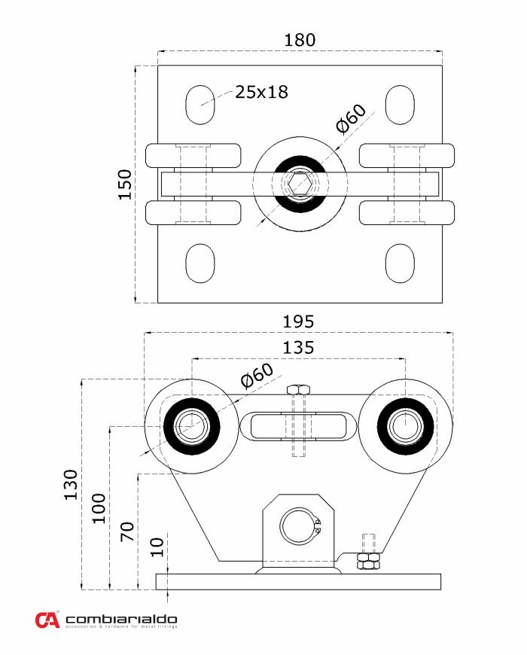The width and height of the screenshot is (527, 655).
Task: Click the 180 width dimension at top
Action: coord(300,39)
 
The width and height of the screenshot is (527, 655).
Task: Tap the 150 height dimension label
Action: coord(125,184)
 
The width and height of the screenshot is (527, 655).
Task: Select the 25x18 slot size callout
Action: coord(261,92)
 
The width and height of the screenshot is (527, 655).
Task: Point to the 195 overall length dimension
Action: coord(299,321)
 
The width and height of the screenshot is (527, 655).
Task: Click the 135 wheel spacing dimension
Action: coord(299,348)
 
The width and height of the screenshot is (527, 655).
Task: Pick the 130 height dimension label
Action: coord(70,485)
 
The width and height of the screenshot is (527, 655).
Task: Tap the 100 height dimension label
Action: coord(99,509)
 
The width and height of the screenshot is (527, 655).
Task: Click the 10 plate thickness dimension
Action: coord(156,547)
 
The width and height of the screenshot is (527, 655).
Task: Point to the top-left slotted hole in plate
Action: coord(200,105)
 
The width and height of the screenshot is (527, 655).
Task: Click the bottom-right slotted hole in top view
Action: coord(400,264)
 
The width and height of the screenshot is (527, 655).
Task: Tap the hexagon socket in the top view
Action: coord(300,183)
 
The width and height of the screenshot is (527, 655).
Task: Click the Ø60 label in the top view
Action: coord(351,118)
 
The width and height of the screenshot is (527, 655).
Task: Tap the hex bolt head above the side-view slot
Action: coord(300,389)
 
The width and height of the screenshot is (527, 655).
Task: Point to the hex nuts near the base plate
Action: coord(367,564)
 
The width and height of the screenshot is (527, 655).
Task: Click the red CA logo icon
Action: coord(47,620)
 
